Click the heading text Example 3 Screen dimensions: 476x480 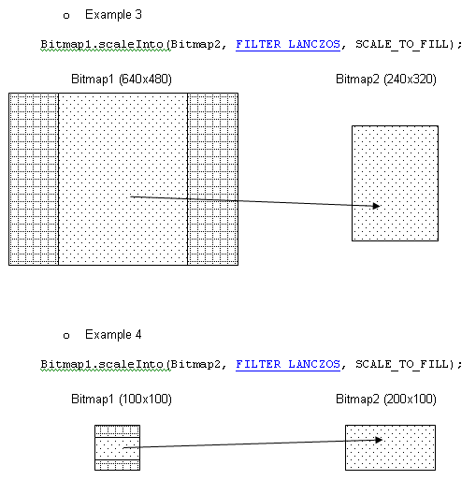click(113, 15)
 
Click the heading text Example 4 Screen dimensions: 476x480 click(113, 335)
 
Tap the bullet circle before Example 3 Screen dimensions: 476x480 click(66, 16)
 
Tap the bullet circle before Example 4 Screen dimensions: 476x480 click(66, 336)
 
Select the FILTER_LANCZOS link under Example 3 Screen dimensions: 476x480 click(288, 44)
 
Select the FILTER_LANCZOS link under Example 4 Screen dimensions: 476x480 click(288, 364)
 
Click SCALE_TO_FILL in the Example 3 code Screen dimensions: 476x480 click(404, 44)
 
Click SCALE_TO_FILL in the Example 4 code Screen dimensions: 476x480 click(404, 364)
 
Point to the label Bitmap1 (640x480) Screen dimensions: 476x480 click(122, 80)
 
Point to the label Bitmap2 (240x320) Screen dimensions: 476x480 click(386, 80)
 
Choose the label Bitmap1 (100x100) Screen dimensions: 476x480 click(122, 400)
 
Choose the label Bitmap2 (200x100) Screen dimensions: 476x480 click(386, 400)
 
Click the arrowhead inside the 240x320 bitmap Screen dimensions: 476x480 click(377, 206)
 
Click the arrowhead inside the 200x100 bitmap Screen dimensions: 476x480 click(379, 440)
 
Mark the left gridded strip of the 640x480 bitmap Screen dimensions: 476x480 click(34, 179)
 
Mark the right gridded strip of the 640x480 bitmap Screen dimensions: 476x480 click(213, 179)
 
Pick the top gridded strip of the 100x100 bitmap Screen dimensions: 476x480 click(117, 431)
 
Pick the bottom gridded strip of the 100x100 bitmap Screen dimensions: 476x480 click(117, 465)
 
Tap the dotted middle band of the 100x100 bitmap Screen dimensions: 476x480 click(117, 448)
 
